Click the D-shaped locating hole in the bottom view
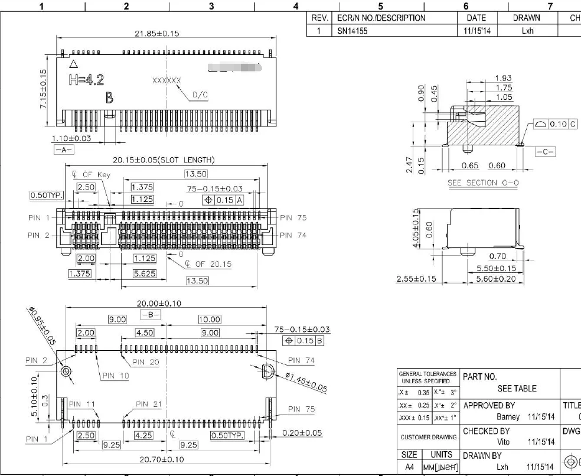(x=267, y=371)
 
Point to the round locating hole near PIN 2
(x=66, y=371)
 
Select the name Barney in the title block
(x=508, y=417)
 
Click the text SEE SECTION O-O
(x=484, y=182)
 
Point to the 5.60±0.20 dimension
(x=495, y=279)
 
